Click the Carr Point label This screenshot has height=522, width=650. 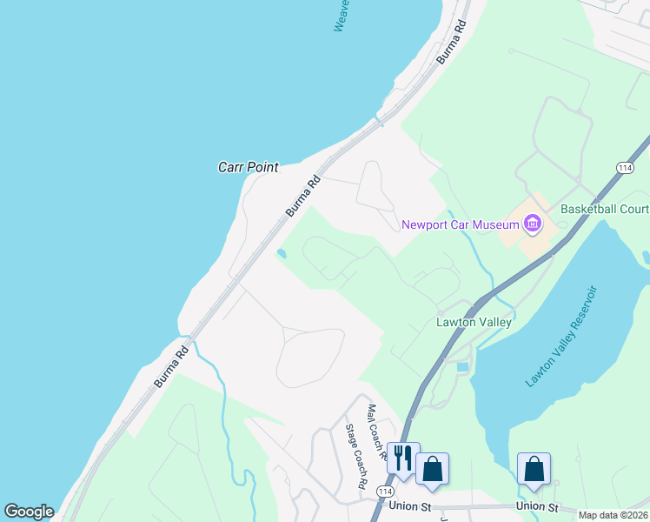click(x=248, y=166)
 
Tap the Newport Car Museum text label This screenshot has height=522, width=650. click(x=460, y=224)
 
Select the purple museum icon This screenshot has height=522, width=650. click(x=532, y=224)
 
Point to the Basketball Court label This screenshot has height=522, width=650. click(x=605, y=209)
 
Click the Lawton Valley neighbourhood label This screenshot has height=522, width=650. click(x=473, y=322)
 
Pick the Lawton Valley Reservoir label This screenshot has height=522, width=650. click(x=562, y=336)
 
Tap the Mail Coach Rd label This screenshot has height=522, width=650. click(x=375, y=431)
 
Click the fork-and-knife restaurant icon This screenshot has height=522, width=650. click(x=403, y=458)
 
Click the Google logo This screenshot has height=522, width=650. click(x=29, y=511)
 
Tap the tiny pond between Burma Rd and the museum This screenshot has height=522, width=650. click(x=282, y=254)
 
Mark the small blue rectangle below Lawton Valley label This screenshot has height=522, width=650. click(x=462, y=367)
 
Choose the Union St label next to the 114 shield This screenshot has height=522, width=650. click(x=411, y=505)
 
